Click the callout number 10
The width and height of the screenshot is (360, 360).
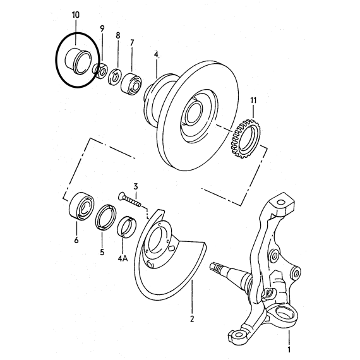pos(76,15)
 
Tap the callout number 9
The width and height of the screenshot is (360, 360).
pos(102,28)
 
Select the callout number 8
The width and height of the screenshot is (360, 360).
pos(117,35)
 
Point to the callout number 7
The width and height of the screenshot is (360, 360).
pos(132,43)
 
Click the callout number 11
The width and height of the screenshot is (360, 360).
pos(253,100)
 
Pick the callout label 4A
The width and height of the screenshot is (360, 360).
pos(123,259)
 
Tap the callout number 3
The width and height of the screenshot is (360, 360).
pos(136,186)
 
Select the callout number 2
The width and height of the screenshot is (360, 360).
pos(192,319)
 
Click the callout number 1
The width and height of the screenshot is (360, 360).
pos(289,350)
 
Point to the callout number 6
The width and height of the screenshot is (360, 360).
pos(76,240)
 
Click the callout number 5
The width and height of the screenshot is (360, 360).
pos(102,252)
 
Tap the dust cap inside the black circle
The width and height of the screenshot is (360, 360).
pos(78,61)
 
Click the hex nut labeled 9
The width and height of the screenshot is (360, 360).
pos(100,71)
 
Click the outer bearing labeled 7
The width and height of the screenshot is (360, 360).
pos(131,83)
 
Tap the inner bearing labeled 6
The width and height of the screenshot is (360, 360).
pos(81,206)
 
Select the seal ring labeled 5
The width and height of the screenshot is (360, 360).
pos(105,217)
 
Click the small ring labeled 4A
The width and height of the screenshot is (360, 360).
pos(127,227)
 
